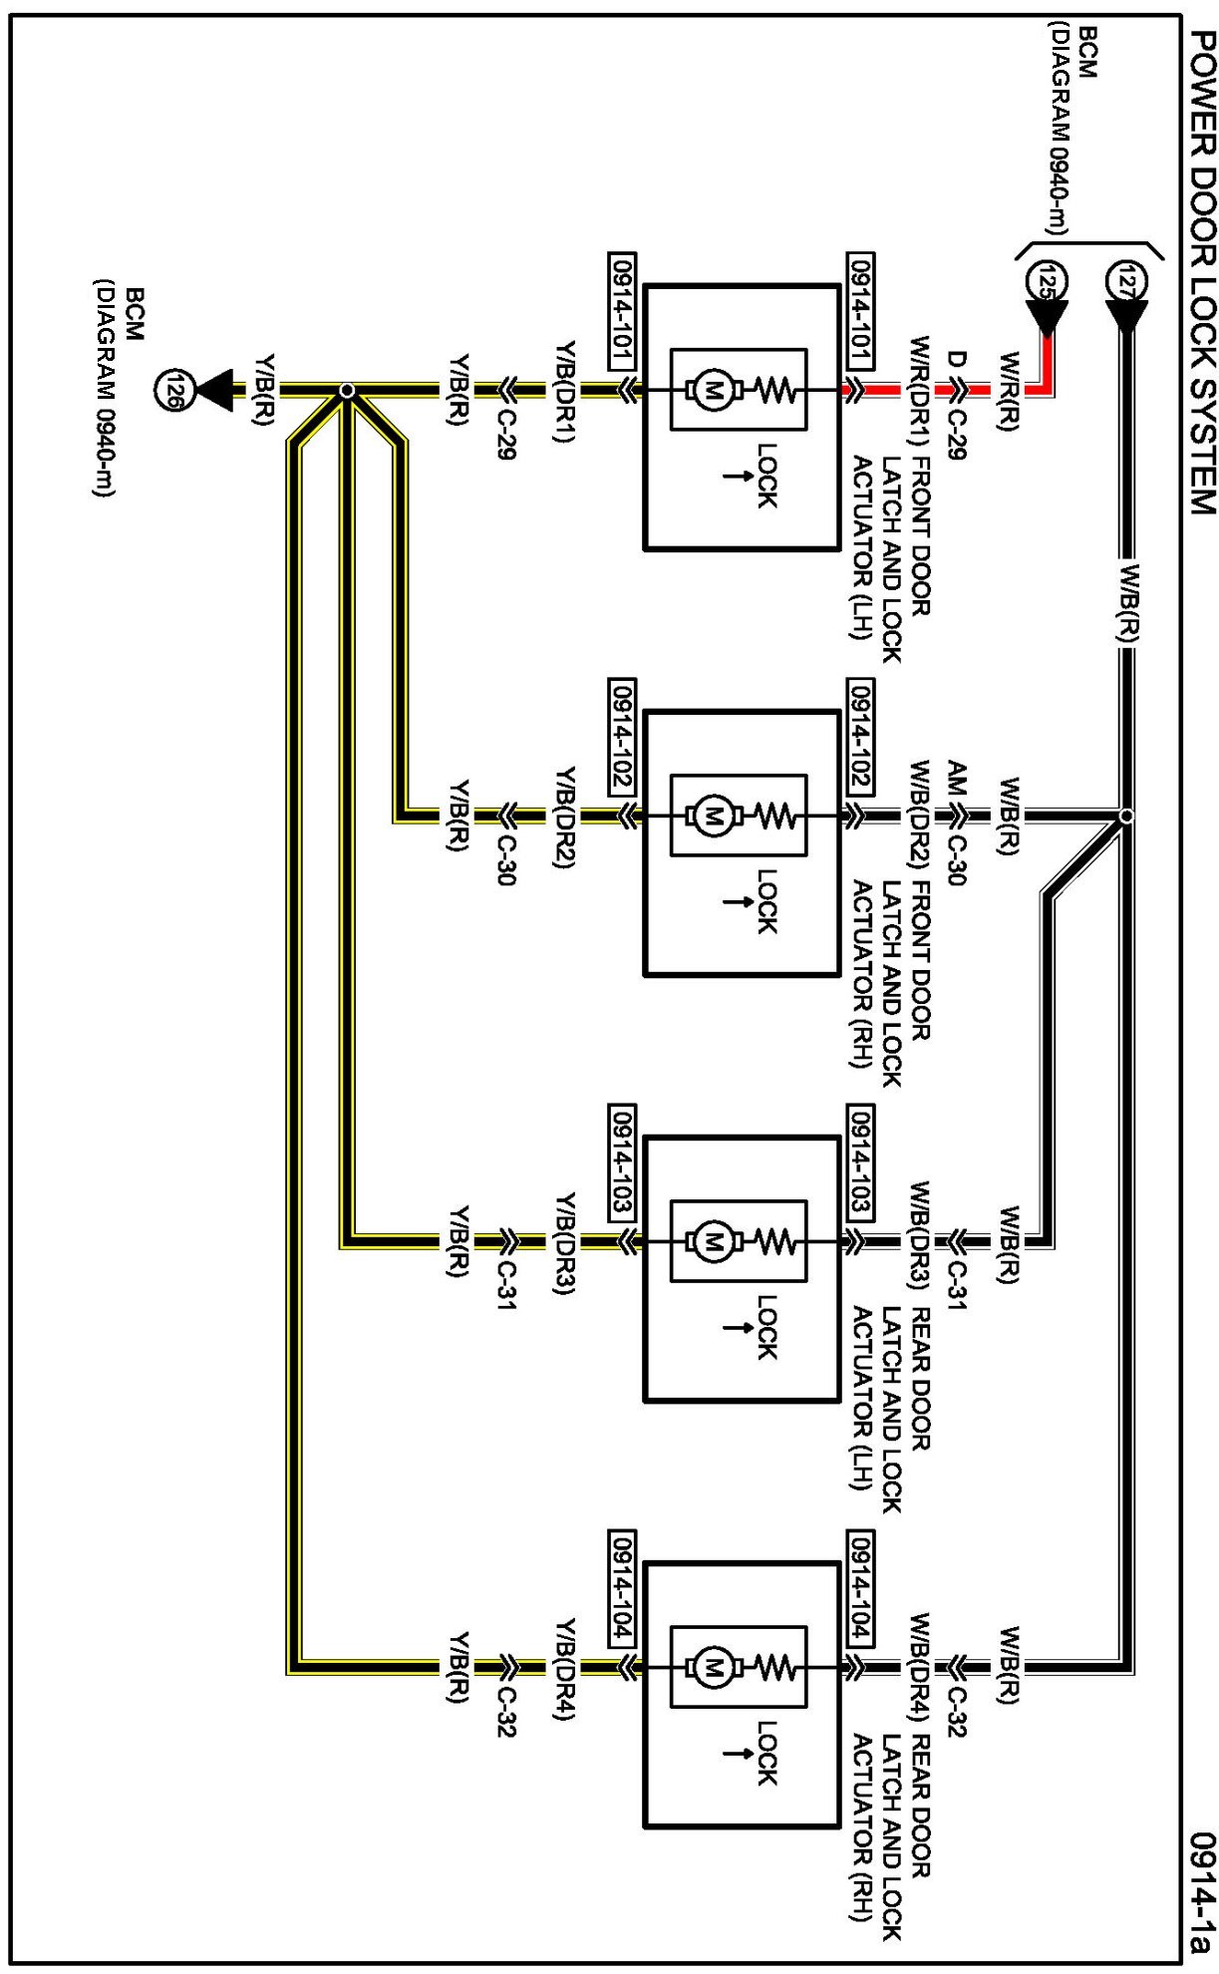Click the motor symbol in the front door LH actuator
tap(712, 390)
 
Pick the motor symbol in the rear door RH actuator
tap(712, 1667)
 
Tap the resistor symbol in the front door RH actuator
tap(776, 816)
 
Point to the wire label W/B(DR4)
tap(919, 1667)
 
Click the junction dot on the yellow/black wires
tap(346, 390)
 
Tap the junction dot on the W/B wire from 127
tap(1126, 816)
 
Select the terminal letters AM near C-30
tap(956, 778)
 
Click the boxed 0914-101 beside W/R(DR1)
tap(859, 313)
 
